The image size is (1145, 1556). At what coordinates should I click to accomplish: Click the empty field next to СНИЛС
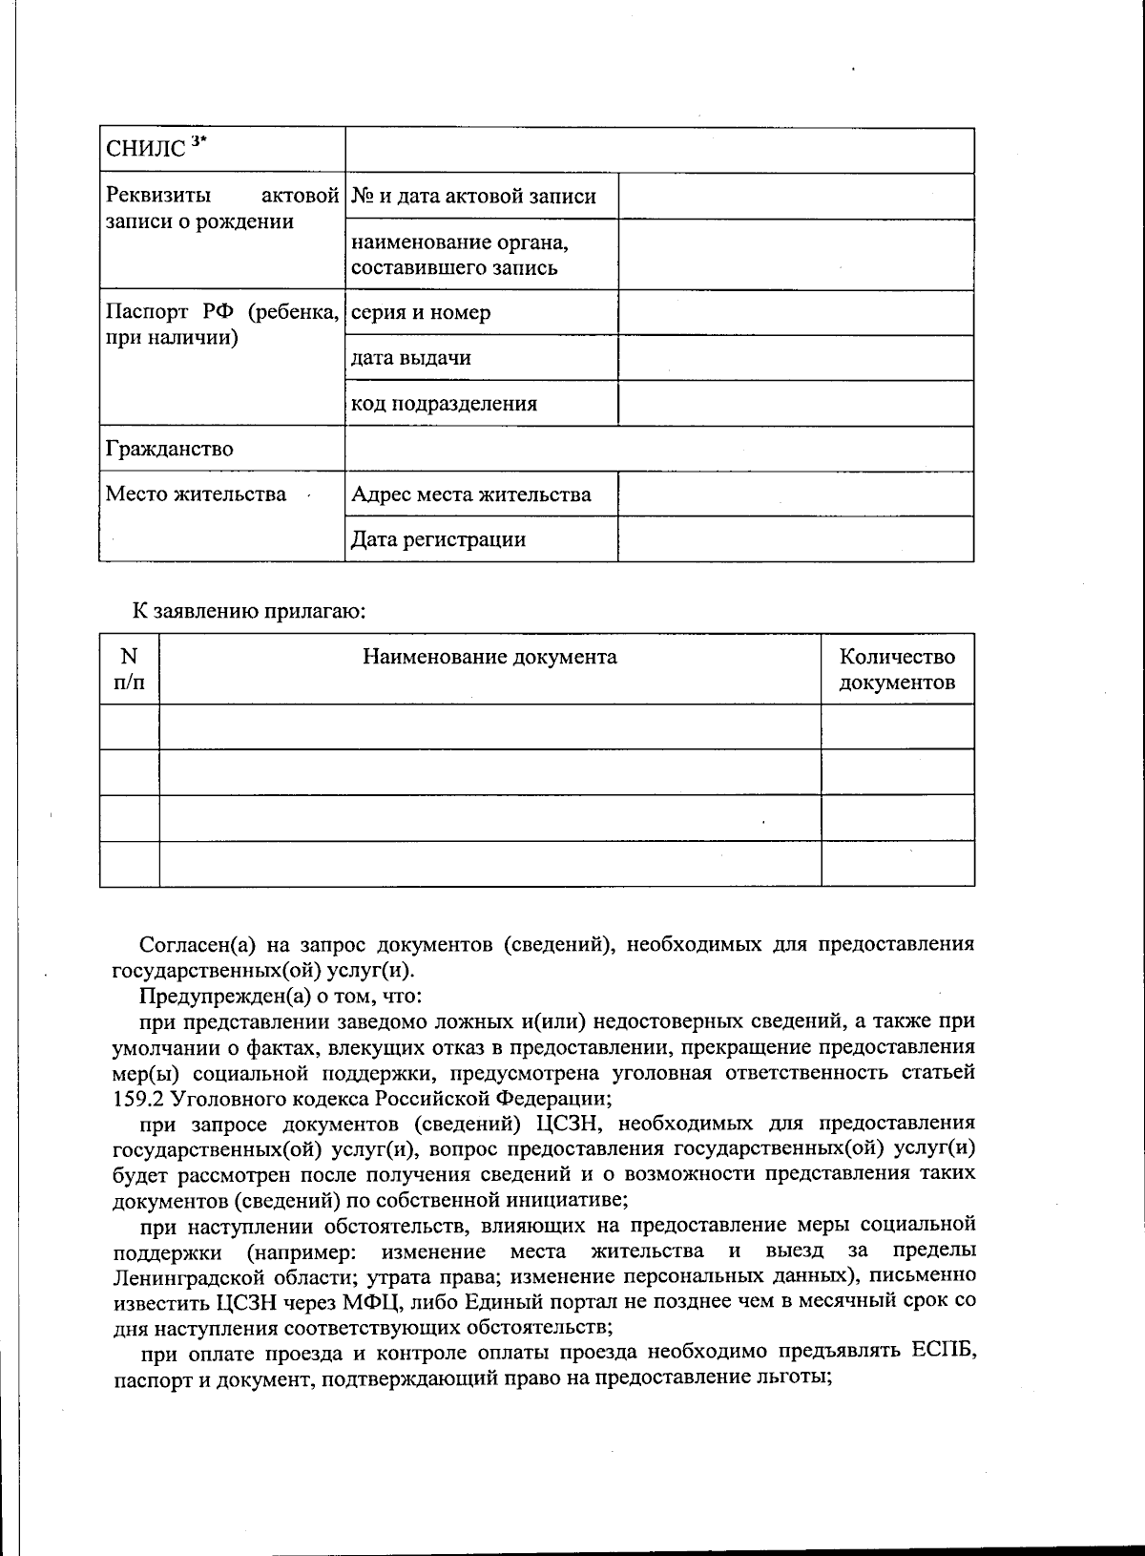tap(658, 151)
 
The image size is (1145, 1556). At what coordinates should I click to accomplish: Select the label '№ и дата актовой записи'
tap(473, 197)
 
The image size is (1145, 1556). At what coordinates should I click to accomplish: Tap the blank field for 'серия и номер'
tap(795, 312)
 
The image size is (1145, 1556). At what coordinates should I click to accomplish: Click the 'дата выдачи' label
tap(410, 358)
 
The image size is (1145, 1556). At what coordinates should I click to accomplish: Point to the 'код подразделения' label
tap(444, 403)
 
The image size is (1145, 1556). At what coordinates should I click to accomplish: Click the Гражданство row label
tap(169, 449)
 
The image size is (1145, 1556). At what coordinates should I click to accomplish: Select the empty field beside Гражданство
tap(658, 449)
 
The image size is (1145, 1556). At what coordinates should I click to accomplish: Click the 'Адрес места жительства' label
tap(470, 494)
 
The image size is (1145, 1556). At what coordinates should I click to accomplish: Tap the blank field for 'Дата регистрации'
tap(795, 539)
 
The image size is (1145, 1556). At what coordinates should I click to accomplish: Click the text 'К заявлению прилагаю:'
tap(249, 611)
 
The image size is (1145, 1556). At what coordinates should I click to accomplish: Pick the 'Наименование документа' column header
tap(489, 657)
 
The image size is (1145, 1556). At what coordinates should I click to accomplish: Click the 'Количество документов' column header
tap(897, 669)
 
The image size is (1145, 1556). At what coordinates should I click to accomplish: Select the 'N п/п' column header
tap(129, 669)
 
